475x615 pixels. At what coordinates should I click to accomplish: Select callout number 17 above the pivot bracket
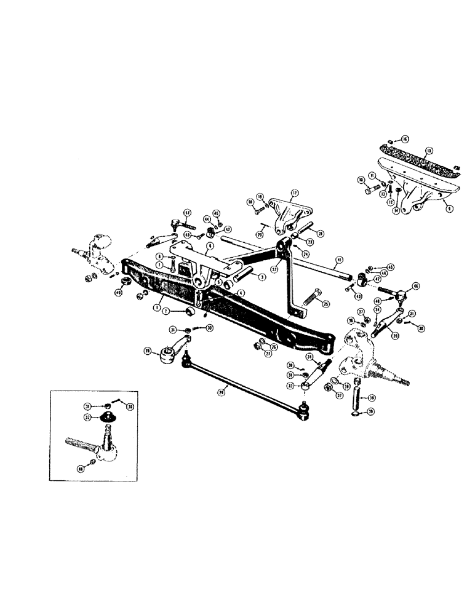point(294,193)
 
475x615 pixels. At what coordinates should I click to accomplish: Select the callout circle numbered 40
point(118,292)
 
